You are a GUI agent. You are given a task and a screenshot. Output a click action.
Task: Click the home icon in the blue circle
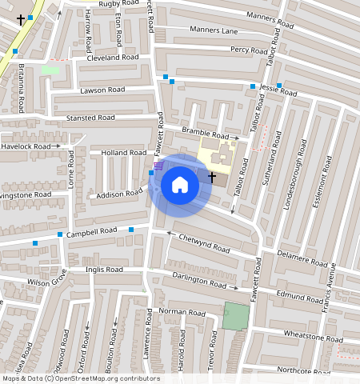tap(180, 185)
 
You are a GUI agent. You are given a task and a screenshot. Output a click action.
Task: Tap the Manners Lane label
tap(214, 30)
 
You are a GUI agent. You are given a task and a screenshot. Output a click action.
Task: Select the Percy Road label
tap(249, 50)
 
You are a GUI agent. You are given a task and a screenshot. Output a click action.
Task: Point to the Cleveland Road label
tap(113, 58)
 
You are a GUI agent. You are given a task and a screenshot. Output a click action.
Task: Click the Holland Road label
tap(122, 152)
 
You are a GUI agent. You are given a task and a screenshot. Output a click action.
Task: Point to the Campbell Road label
tap(91, 232)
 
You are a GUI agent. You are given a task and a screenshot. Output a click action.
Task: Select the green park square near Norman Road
tap(236, 316)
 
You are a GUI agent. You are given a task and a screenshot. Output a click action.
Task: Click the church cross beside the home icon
tap(212, 176)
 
